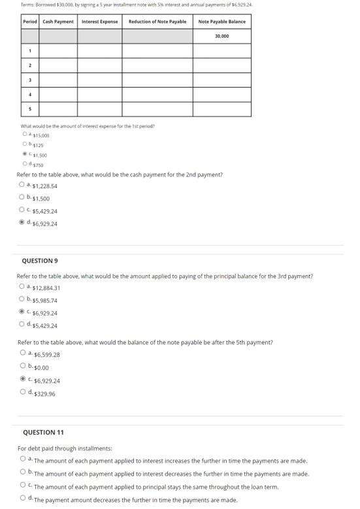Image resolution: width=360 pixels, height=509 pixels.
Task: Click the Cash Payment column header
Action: point(58,22)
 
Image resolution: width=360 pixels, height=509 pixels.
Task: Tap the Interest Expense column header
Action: point(99,22)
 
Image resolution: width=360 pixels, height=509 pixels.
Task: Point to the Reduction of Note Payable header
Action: point(157,22)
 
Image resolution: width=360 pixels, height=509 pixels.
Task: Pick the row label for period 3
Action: point(30,80)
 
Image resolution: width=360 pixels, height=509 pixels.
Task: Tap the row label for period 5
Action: point(30,109)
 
